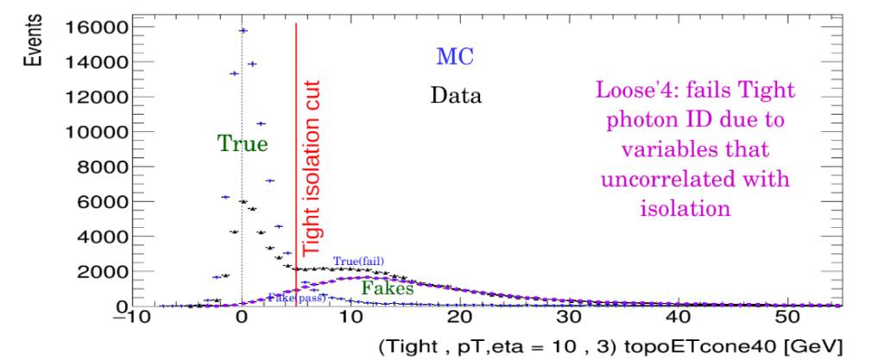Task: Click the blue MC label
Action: point(455,57)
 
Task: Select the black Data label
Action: point(456,94)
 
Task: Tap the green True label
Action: point(243,143)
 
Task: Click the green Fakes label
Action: point(387,289)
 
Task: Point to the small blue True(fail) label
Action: point(357,262)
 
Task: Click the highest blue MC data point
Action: point(243,30)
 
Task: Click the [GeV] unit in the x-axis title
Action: point(805,346)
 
